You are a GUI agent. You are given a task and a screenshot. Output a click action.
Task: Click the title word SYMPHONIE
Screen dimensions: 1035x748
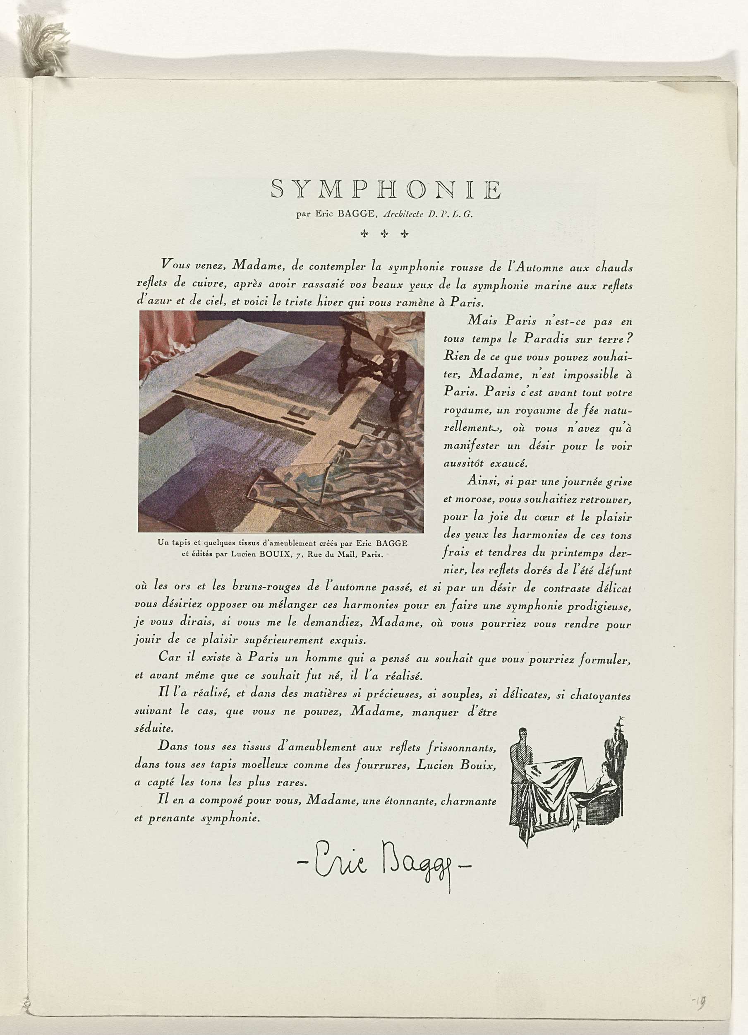click(x=386, y=189)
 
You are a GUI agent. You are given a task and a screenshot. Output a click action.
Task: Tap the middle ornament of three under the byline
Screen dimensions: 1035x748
click(x=384, y=234)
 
